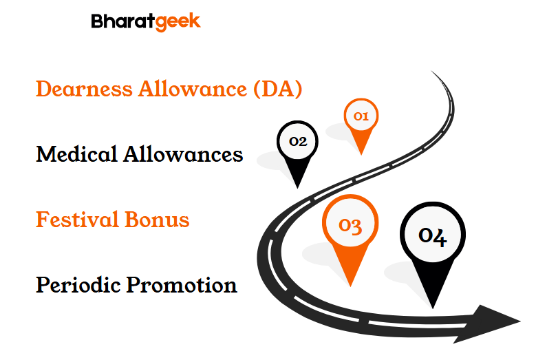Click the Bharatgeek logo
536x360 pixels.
point(146,22)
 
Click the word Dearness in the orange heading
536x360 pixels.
point(84,89)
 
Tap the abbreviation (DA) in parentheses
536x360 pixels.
point(278,89)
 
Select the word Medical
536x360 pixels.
point(76,154)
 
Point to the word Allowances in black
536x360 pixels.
point(183,154)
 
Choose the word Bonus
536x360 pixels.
point(157,220)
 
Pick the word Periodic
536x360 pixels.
point(78,284)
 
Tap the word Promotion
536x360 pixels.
point(182,285)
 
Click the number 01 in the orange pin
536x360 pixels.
point(361,116)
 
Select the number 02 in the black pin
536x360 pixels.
point(298,141)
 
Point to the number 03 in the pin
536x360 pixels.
point(350,225)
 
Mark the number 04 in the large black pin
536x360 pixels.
point(433,236)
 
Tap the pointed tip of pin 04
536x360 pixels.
point(433,308)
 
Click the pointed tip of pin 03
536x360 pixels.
point(350,286)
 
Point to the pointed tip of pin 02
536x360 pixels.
point(297,188)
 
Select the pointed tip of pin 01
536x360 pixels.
point(361,154)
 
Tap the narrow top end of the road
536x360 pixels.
point(431,72)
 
